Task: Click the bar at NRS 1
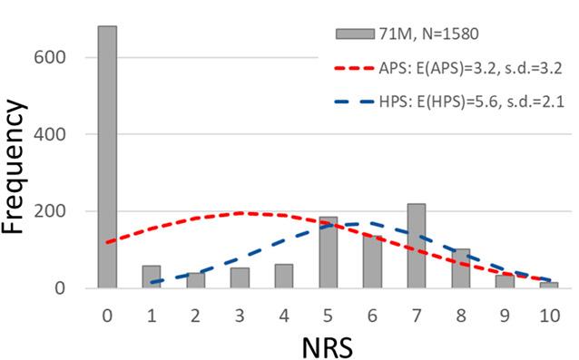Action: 152,277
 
